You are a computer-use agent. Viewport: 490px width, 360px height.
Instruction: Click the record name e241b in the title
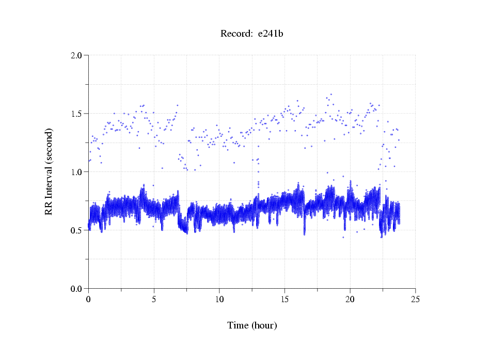pyautogui.click(x=271, y=34)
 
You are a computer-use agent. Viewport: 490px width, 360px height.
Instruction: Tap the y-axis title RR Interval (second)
pyautogui.click(x=49, y=171)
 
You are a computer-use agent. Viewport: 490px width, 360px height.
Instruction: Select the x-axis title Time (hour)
pyautogui.click(x=252, y=325)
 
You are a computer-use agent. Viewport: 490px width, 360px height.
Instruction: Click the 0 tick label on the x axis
pyautogui.click(x=89, y=299)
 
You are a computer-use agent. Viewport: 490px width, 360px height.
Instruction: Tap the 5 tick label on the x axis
pyautogui.click(x=154, y=299)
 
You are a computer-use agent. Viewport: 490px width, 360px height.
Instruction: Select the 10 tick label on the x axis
pyautogui.click(x=219, y=299)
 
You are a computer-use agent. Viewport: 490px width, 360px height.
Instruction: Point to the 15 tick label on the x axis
pyautogui.click(x=284, y=299)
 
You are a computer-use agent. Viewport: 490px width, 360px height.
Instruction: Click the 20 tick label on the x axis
pyautogui.click(x=350, y=299)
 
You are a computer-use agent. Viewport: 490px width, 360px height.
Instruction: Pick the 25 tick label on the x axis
pyautogui.click(x=415, y=299)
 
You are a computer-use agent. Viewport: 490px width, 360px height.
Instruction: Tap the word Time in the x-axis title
pyautogui.click(x=238, y=325)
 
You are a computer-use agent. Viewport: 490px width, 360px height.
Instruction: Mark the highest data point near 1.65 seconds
pyautogui.click(x=331, y=95)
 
